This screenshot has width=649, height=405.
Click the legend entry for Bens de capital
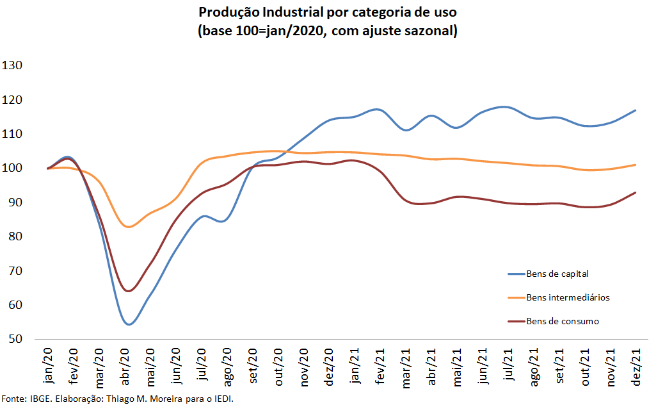(557, 274)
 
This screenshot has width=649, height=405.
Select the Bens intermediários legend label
(568, 297)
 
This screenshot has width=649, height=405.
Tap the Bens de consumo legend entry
(563, 321)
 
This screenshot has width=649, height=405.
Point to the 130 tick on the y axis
(13, 65)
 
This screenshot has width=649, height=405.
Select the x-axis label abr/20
(126, 367)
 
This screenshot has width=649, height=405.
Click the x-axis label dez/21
(637, 367)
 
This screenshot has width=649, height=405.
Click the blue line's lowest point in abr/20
(129, 324)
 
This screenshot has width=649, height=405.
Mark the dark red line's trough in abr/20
(129, 291)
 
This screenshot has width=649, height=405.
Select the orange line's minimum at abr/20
(128, 227)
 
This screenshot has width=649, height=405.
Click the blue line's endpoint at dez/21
(636, 110)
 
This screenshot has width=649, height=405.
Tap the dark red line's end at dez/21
(636, 192)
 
